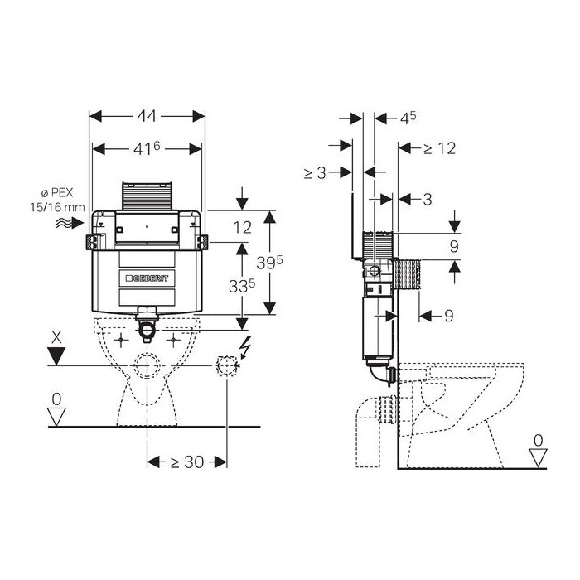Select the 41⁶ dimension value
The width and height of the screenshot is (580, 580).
tap(147, 149)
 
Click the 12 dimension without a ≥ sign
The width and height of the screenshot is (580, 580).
tap(241, 226)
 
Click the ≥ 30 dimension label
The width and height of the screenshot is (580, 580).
tap(187, 462)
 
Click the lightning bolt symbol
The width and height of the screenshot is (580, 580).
tap(244, 347)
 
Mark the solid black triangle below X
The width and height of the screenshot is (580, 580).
tap(56, 356)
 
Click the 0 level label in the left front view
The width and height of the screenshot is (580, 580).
tap(56, 399)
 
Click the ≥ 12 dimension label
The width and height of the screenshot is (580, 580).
tap(439, 148)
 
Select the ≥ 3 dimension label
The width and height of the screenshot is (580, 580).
tap(318, 172)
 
